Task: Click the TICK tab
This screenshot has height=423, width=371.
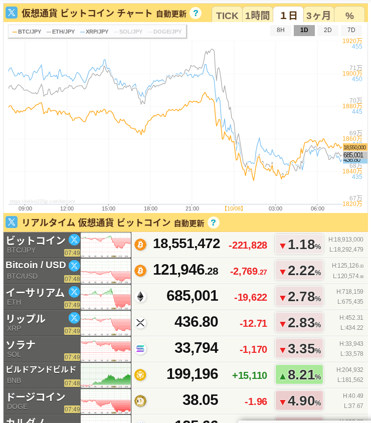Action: (227, 15)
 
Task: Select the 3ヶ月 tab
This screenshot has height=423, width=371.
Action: (318, 15)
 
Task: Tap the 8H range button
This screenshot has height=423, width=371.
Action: (281, 30)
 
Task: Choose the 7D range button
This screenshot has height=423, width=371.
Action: (351, 30)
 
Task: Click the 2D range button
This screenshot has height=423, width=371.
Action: (327, 30)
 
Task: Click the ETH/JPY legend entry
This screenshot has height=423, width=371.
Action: (61, 32)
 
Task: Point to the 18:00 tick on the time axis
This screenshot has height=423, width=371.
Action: (150, 208)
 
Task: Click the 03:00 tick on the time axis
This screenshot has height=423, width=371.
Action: (275, 208)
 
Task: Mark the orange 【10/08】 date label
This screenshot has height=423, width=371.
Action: (234, 208)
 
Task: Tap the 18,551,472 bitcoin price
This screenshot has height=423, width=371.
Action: (187, 244)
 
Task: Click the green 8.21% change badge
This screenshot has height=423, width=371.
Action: (299, 374)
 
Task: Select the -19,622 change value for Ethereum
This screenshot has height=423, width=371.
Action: (251, 297)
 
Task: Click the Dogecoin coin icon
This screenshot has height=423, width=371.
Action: (140, 401)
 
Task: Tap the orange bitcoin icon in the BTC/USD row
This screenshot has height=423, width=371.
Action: (140, 271)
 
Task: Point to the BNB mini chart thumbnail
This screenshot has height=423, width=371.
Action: (106, 375)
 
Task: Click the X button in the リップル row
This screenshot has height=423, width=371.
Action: (74, 317)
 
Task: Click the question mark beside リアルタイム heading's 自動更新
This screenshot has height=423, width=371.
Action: (214, 223)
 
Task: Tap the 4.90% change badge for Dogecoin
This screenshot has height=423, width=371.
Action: (299, 401)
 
